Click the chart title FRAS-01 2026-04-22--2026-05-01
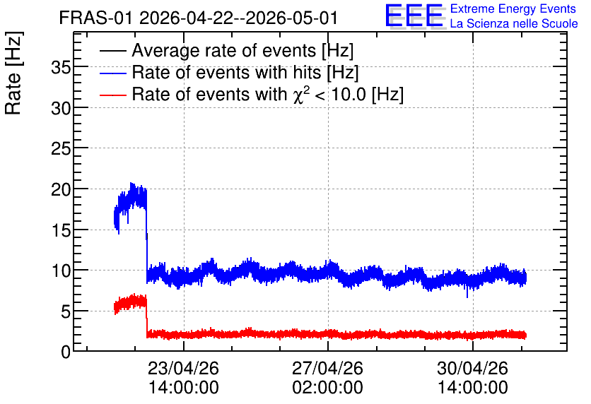pyautogui.click(x=198, y=18)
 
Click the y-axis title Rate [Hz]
pyautogui.click(x=13, y=73)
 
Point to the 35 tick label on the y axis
pyautogui.click(x=61, y=68)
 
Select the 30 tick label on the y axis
pyautogui.click(x=61, y=109)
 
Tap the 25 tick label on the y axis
pyautogui.click(x=61, y=150)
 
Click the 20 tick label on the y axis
pyautogui.click(x=61, y=190)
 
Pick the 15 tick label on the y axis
pyautogui.click(x=61, y=230)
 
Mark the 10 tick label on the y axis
pyautogui.click(x=61, y=271)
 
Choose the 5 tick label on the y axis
pyautogui.click(x=66, y=311)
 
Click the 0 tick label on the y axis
pyautogui.click(x=66, y=352)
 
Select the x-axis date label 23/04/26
pyautogui.click(x=184, y=368)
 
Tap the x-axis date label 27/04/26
pyautogui.click(x=328, y=368)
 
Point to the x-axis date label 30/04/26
pyautogui.click(x=473, y=368)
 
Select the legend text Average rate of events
pyautogui.click(x=224, y=51)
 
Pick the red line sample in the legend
pyautogui.click(x=113, y=95)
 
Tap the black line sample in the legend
pyautogui.click(x=113, y=51)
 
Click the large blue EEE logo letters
pyautogui.click(x=414, y=16)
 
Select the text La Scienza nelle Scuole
pyautogui.click(x=514, y=24)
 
